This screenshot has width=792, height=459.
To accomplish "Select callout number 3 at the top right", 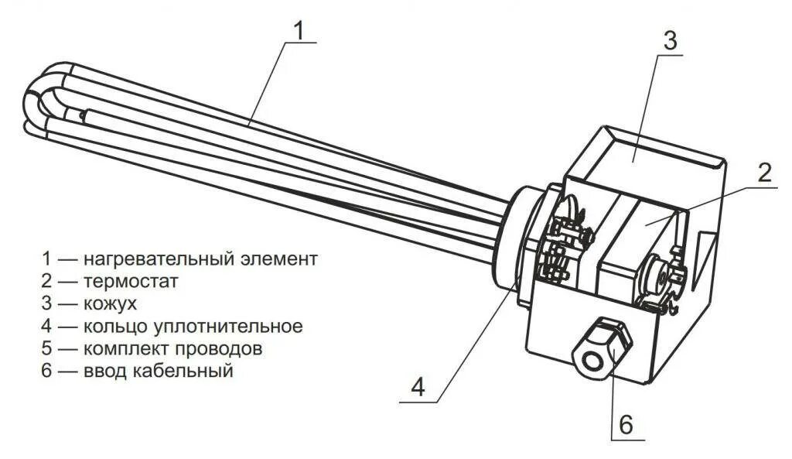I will point(670,41).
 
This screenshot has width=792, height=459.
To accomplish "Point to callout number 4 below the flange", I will point(418,386).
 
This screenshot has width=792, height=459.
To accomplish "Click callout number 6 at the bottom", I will point(626,424).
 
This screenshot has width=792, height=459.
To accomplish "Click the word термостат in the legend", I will point(131,281).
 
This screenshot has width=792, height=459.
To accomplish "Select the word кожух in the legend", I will point(111,303).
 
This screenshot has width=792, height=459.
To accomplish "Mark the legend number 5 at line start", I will point(48,348).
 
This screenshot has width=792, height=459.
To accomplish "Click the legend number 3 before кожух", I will point(48,303).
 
